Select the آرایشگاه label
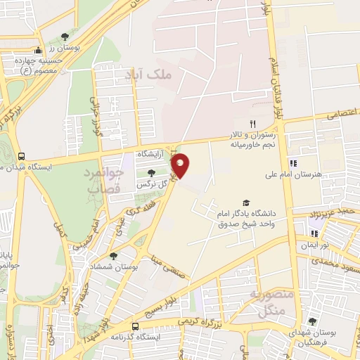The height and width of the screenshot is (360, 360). coord(150,154)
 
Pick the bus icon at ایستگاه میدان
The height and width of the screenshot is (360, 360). coord(22,156)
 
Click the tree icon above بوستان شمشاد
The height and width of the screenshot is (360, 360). coord(114,257)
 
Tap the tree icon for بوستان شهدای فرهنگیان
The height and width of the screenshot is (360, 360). coord(312,321)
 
